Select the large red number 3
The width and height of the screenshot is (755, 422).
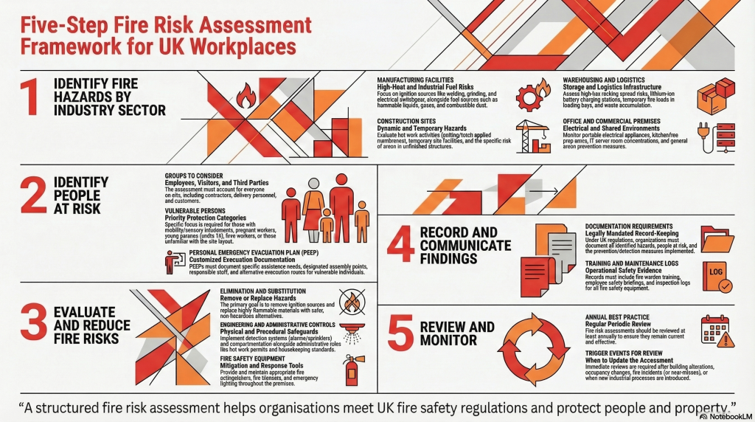[31, 324]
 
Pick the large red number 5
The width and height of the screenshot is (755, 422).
[401, 333]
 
